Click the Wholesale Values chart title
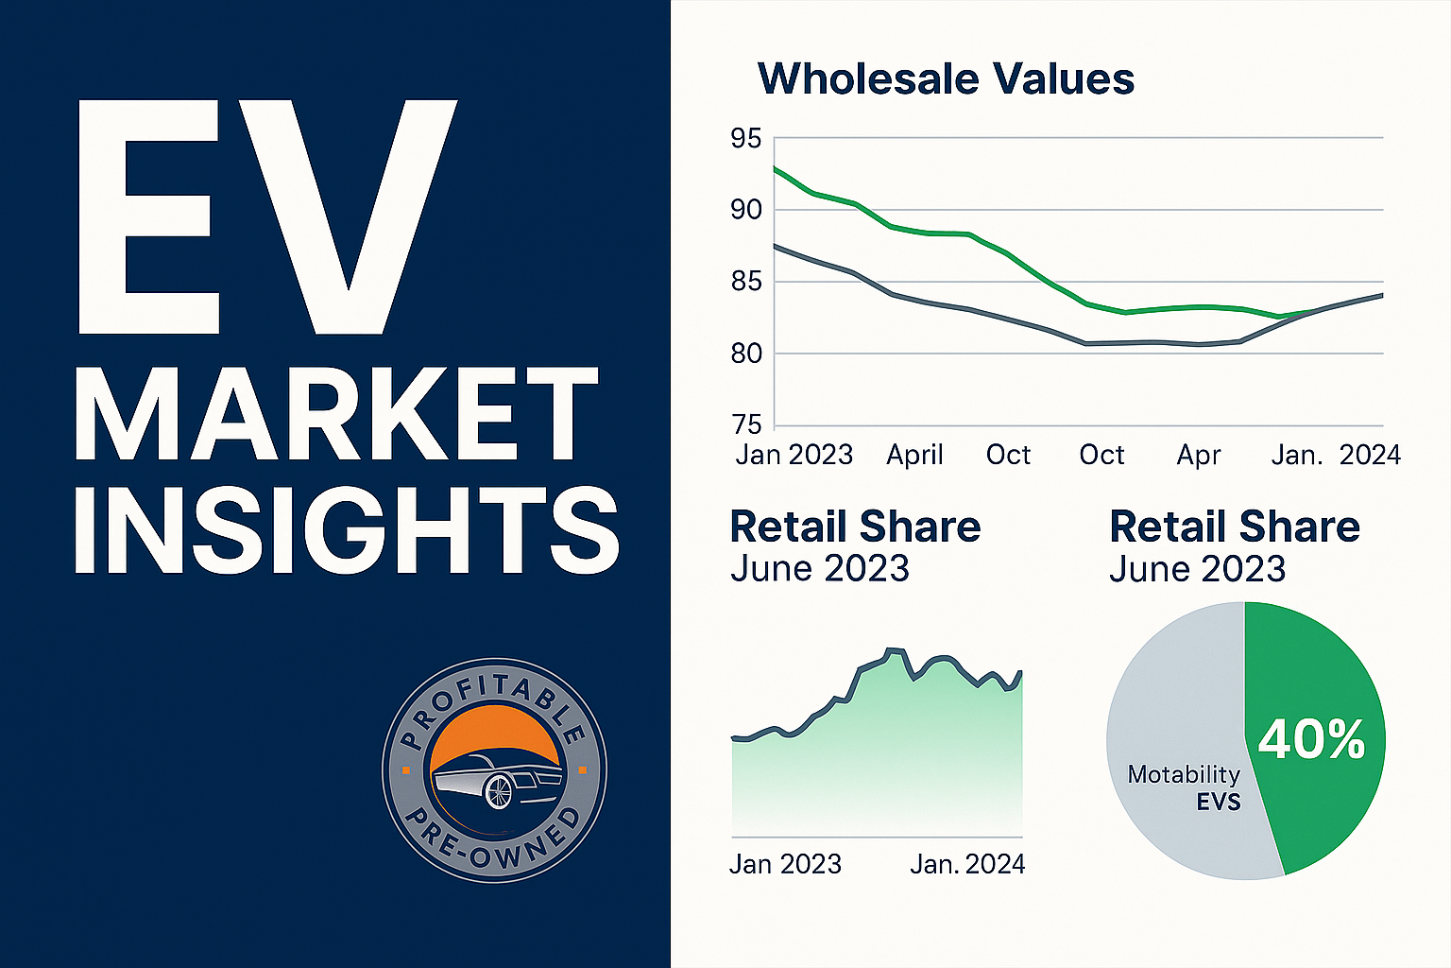point(946,78)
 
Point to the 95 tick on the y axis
point(745,139)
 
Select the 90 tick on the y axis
point(745,210)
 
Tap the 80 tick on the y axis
point(745,354)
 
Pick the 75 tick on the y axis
point(745,425)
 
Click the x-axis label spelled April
point(914,456)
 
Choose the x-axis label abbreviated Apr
point(1198,456)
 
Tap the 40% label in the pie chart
point(1311,740)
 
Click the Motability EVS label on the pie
point(1185,787)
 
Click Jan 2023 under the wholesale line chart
point(794,456)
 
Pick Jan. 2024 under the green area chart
point(967,864)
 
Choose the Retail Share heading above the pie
point(1234,527)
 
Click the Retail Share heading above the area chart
point(855,527)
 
